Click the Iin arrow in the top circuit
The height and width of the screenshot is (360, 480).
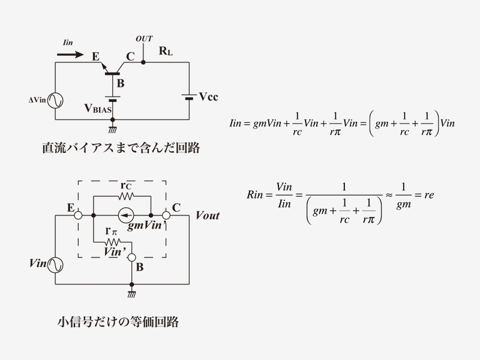(70, 54)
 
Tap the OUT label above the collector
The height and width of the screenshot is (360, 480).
(144, 39)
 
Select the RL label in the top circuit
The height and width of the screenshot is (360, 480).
(166, 52)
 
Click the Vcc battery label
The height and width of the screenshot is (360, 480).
(208, 97)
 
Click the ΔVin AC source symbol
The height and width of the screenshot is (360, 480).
(55, 100)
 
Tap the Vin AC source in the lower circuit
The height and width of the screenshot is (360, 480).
(55, 263)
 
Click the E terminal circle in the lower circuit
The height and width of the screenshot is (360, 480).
(78, 215)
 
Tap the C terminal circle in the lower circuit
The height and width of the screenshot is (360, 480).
(166, 215)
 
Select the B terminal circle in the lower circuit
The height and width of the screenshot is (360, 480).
(131, 257)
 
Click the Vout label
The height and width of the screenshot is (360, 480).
(208, 215)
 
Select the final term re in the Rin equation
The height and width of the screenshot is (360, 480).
(428, 196)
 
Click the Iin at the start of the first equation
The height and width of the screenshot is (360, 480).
(238, 124)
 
